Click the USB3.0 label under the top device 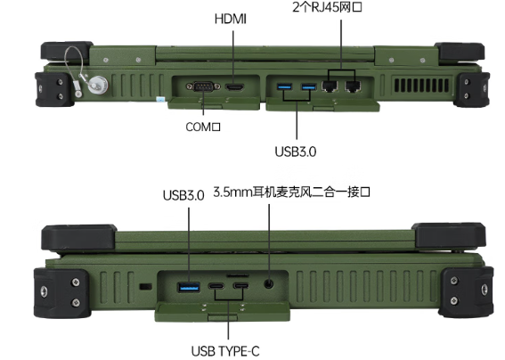click(297, 151)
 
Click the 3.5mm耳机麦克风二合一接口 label click(292, 193)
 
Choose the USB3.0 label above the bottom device click(183, 195)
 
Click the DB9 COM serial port click(201, 87)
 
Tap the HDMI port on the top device click(235, 87)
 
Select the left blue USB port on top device click(284, 86)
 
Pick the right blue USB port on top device click(308, 86)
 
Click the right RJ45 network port click(354, 86)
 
